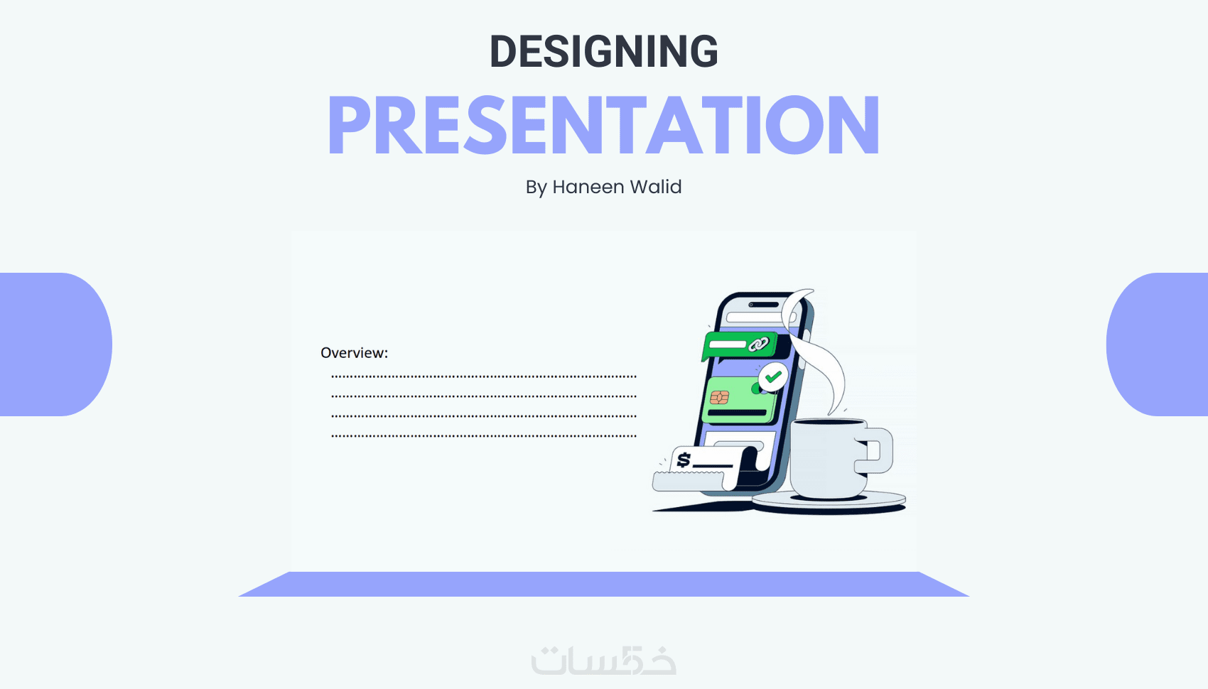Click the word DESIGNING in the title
(603, 51)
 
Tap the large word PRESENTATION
(604, 126)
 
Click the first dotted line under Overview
(484, 376)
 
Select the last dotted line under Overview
(484, 435)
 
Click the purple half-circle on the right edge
(1157, 344)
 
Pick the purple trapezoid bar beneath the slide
(604, 584)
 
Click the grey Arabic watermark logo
(603, 660)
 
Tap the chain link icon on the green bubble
(758, 344)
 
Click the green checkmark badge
(773, 377)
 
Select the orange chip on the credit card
(719, 397)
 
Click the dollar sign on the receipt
(684, 460)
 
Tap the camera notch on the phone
(763, 305)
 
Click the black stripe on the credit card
(737, 413)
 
